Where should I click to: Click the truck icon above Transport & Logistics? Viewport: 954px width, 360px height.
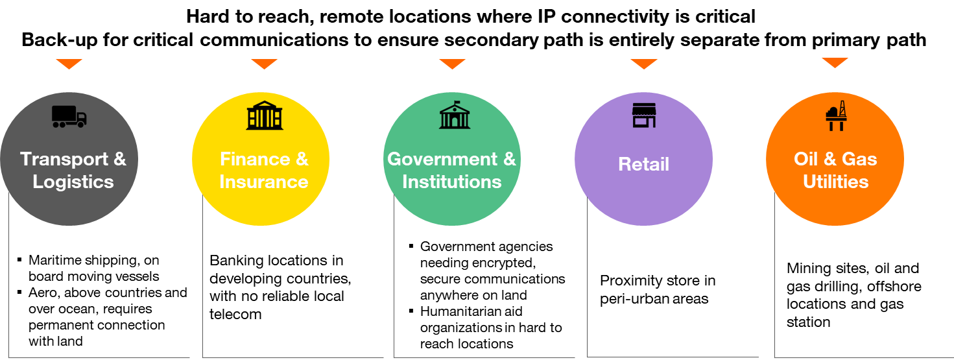click(x=69, y=117)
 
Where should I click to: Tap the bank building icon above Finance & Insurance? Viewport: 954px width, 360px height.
click(x=265, y=116)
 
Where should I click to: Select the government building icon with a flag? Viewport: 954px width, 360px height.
click(x=455, y=115)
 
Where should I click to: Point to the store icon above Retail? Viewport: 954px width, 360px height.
click(x=644, y=115)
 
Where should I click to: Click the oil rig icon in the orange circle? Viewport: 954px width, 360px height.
click(x=836, y=115)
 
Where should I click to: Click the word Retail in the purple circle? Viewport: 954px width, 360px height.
click(x=643, y=164)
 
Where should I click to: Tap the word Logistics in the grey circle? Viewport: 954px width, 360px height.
click(x=73, y=182)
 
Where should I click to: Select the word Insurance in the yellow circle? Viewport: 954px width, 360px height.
click(x=263, y=182)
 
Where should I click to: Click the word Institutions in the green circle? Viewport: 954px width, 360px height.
click(x=451, y=182)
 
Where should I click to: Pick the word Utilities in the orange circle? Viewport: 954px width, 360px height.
click(x=835, y=182)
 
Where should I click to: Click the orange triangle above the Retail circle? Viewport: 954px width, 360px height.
click(x=644, y=64)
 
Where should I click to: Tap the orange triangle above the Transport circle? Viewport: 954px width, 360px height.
click(x=69, y=64)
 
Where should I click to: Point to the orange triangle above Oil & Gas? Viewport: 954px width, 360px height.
click(x=835, y=63)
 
